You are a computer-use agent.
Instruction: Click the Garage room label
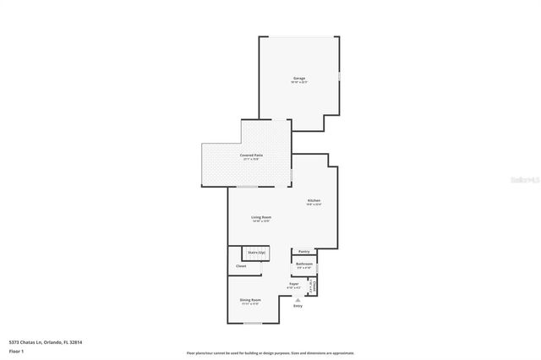[298, 78]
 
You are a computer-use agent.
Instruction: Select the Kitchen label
[313, 200]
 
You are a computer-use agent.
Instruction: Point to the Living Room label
[260, 217]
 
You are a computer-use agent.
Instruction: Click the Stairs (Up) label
[256, 253]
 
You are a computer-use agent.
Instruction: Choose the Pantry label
[303, 251]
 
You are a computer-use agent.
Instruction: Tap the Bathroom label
[304, 264]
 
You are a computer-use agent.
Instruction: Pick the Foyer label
[294, 284]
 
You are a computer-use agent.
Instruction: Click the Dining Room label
[250, 300]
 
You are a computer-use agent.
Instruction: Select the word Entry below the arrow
[297, 306]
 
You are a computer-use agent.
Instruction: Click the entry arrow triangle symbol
[297, 299]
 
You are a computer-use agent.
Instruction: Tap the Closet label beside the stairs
[241, 266]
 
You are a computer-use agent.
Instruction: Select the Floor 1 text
[16, 350]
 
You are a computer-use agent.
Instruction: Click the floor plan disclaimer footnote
[270, 352]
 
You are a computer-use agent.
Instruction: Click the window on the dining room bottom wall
[252, 322]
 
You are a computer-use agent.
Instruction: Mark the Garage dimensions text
[298, 82]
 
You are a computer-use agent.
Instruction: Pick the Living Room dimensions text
[260, 221]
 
